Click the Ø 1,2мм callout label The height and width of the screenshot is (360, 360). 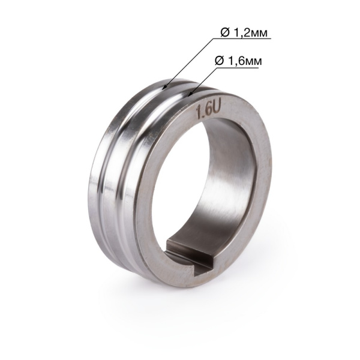(244, 33)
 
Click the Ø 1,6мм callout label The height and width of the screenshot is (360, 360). (238, 61)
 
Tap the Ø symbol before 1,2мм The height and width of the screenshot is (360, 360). (225, 33)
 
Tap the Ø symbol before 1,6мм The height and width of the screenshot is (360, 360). (219, 61)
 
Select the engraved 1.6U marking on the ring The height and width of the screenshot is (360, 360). (208, 111)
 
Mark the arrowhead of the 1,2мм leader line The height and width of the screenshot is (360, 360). (163, 87)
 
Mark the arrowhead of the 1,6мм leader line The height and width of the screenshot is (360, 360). (190, 94)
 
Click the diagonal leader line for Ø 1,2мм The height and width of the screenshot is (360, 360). (188, 64)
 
